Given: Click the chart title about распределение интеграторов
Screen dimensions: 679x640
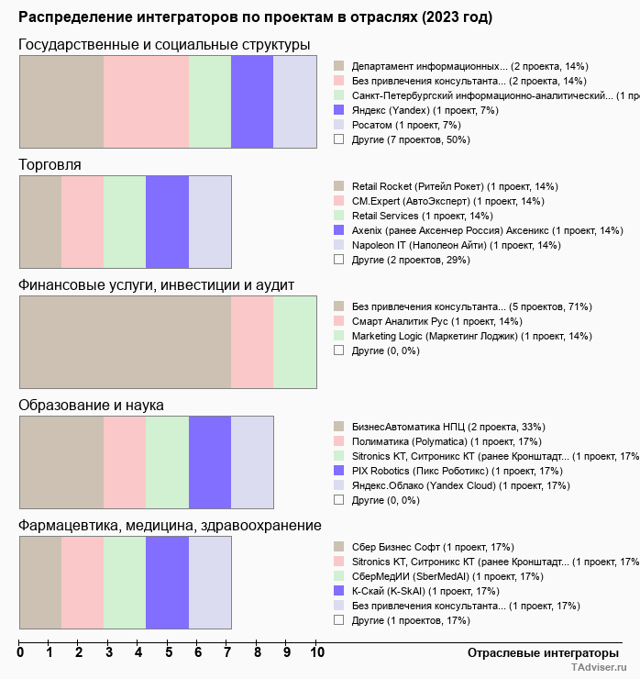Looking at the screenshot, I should click(x=255, y=17).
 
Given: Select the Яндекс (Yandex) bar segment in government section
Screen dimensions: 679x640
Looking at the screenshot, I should click(x=252, y=101).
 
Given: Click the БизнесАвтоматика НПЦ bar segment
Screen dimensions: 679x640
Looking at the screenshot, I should click(x=61, y=462).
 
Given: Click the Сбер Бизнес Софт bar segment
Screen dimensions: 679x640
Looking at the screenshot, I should click(x=40, y=583).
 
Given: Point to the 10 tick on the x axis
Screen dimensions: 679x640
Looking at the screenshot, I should click(x=317, y=652).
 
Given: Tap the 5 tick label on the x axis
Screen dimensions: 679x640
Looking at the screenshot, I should click(x=169, y=652).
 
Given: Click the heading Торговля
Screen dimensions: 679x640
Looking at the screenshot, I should click(x=50, y=164).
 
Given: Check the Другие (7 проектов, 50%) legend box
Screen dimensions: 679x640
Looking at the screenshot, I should click(x=338, y=139).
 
